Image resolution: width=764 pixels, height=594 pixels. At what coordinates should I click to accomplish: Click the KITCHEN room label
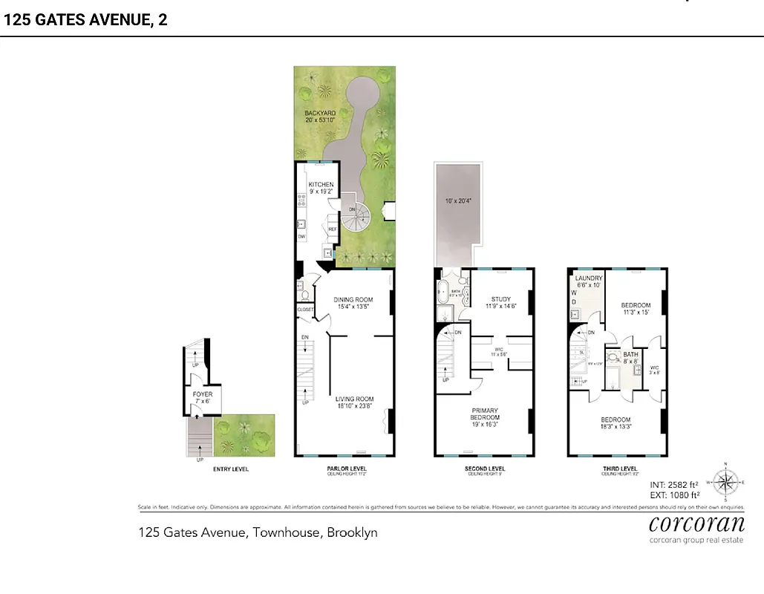click(x=321, y=185)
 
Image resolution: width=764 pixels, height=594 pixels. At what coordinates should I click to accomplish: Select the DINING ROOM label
click(x=353, y=300)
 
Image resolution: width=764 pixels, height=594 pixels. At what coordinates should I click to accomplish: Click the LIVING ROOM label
click(x=353, y=399)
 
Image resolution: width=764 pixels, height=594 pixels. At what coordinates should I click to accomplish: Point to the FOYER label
click(x=202, y=394)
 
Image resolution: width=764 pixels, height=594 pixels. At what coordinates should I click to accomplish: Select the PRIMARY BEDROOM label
click(x=484, y=414)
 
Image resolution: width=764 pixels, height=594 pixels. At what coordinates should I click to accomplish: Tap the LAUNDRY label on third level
click(x=589, y=278)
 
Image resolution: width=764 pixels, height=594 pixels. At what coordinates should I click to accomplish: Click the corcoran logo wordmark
click(x=696, y=524)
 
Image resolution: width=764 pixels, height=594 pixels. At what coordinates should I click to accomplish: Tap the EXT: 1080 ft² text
click(x=675, y=495)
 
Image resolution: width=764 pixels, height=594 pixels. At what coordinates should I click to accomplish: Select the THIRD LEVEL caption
click(x=618, y=469)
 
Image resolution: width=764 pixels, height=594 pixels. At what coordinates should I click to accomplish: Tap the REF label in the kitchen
click(x=333, y=230)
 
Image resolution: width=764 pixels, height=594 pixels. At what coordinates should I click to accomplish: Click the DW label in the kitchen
click(x=301, y=236)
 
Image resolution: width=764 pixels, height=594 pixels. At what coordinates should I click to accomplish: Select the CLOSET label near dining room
click(x=305, y=310)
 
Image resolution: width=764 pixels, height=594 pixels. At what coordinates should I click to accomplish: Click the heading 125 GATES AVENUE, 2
click(x=86, y=20)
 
